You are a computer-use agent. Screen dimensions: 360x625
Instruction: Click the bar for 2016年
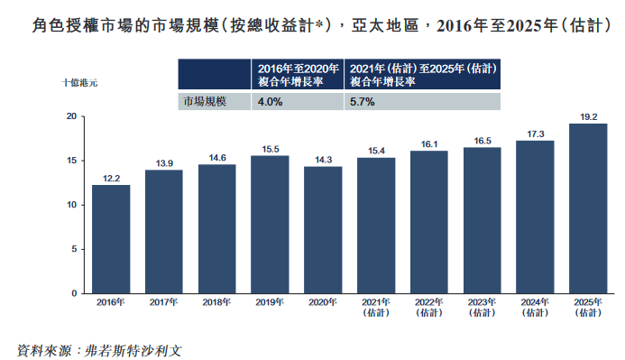[x=111, y=239]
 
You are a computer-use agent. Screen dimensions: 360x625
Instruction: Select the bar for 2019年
[x=270, y=225]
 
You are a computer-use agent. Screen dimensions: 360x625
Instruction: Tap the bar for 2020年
[x=323, y=230]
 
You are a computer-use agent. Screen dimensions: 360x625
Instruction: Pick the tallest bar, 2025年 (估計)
[x=588, y=208]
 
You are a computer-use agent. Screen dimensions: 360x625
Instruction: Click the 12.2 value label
[x=111, y=179]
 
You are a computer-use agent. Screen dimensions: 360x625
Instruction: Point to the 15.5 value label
[x=270, y=149]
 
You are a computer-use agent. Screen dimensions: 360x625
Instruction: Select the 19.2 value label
[x=588, y=116]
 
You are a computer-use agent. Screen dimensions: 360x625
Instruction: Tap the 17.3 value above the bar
[x=535, y=134]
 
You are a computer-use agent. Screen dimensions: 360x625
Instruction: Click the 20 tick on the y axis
[x=71, y=116]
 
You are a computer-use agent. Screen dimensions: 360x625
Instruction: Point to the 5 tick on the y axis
[x=74, y=249]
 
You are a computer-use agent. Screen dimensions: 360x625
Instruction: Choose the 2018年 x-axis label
[x=216, y=301]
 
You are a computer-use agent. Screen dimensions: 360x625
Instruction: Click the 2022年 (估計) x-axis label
[x=428, y=307]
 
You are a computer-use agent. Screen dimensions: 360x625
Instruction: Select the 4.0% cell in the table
[x=271, y=102]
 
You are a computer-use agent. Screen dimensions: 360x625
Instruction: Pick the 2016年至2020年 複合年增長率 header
[x=297, y=73]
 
